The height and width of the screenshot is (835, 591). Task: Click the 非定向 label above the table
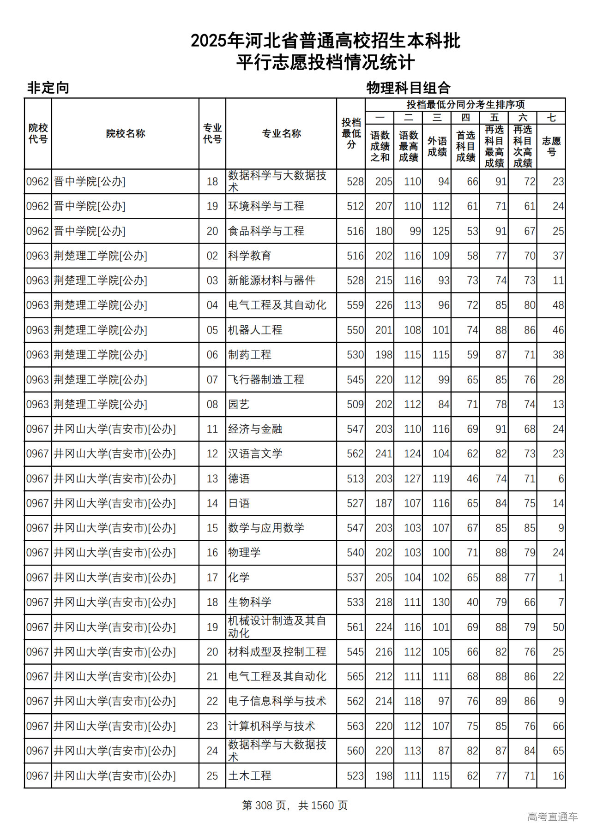pyautogui.click(x=48, y=88)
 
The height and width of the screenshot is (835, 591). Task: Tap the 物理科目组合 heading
pyautogui.click(x=408, y=88)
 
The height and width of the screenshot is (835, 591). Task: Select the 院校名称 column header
pyautogui.click(x=125, y=134)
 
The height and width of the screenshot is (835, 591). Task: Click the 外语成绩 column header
pyautogui.click(x=437, y=146)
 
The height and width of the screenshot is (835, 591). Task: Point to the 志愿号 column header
pyautogui.click(x=551, y=146)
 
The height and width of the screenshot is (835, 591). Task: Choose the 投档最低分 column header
pyautogui.click(x=351, y=134)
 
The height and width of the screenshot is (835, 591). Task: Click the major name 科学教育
pyautogui.click(x=250, y=256)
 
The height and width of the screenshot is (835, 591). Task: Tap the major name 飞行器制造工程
pyautogui.click(x=266, y=380)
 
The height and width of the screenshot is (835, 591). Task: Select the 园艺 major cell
pyautogui.click(x=239, y=405)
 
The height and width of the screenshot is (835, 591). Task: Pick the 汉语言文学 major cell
pyautogui.click(x=255, y=454)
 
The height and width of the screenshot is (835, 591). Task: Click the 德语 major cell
pyautogui.click(x=239, y=479)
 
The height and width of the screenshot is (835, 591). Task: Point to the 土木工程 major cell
pyautogui.click(x=250, y=776)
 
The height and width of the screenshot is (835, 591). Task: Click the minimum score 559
pyautogui.click(x=355, y=305)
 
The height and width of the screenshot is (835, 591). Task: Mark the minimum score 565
pyautogui.click(x=355, y=677)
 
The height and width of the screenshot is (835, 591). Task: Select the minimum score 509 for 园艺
pyautogui.click(x=355, y=405)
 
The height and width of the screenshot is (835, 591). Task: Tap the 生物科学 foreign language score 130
pyautogui.click(x=441, y=602)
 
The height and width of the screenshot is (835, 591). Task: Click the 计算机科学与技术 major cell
pyautogui.click(x=271, y=727)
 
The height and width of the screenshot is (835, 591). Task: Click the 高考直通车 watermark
pyautogui.click(x=552, y=817)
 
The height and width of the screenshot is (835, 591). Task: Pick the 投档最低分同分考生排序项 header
pyautogui.click(x=465, y=105)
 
